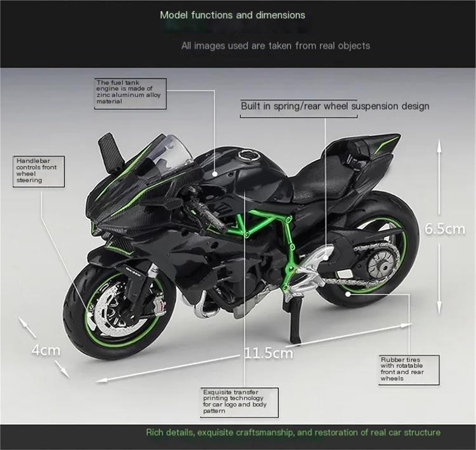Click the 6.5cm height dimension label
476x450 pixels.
(x=445, y=229)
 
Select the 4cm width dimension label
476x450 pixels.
(x=46, y=350)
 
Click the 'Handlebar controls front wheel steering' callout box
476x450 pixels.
(x=38, y=171)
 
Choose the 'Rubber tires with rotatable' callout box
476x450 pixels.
(x=409, y=370)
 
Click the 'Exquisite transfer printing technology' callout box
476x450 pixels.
(x=239, y=402)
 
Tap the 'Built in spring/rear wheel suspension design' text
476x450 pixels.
(x=335, y=106)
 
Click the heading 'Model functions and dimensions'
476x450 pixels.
(x=232, y=15)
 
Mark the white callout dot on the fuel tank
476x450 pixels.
(x=215, y=174)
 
